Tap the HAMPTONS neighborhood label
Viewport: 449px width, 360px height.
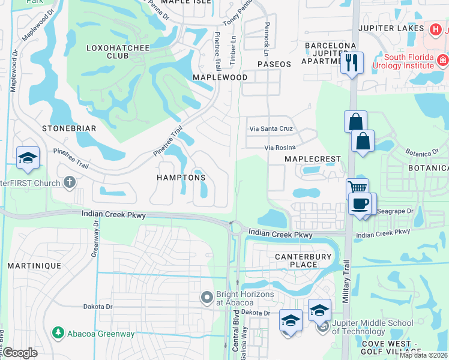181,178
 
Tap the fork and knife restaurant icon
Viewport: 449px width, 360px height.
352,61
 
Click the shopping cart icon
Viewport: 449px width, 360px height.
358,188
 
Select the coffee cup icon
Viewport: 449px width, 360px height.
360,204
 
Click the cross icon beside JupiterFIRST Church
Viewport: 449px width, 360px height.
70,182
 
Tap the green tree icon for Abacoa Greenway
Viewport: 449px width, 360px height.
58,332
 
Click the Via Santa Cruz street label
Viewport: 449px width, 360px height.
270,129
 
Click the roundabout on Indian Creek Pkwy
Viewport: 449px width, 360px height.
235,228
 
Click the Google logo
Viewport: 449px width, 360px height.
20,352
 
